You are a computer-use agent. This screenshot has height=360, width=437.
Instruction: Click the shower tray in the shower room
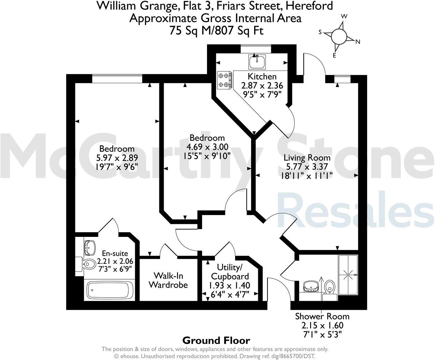pyautogui.click(x=348, y=275)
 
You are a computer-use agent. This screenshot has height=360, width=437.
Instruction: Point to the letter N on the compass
pyautogui.click(x=358, y=42)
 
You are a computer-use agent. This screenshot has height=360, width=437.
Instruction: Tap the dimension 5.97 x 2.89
pyautogui.click(x=117, y=158)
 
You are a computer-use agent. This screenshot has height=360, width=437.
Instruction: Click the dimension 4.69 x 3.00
pyautogui.click(x=207, y=147)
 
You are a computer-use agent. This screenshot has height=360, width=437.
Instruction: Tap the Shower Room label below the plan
pyautogui.click(x=322, y=316)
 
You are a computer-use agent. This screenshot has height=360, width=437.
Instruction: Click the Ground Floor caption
pyautogui.click(x=216, y=340)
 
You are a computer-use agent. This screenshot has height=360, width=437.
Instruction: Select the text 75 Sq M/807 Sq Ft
pyautogui.click(x=216, y=30)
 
